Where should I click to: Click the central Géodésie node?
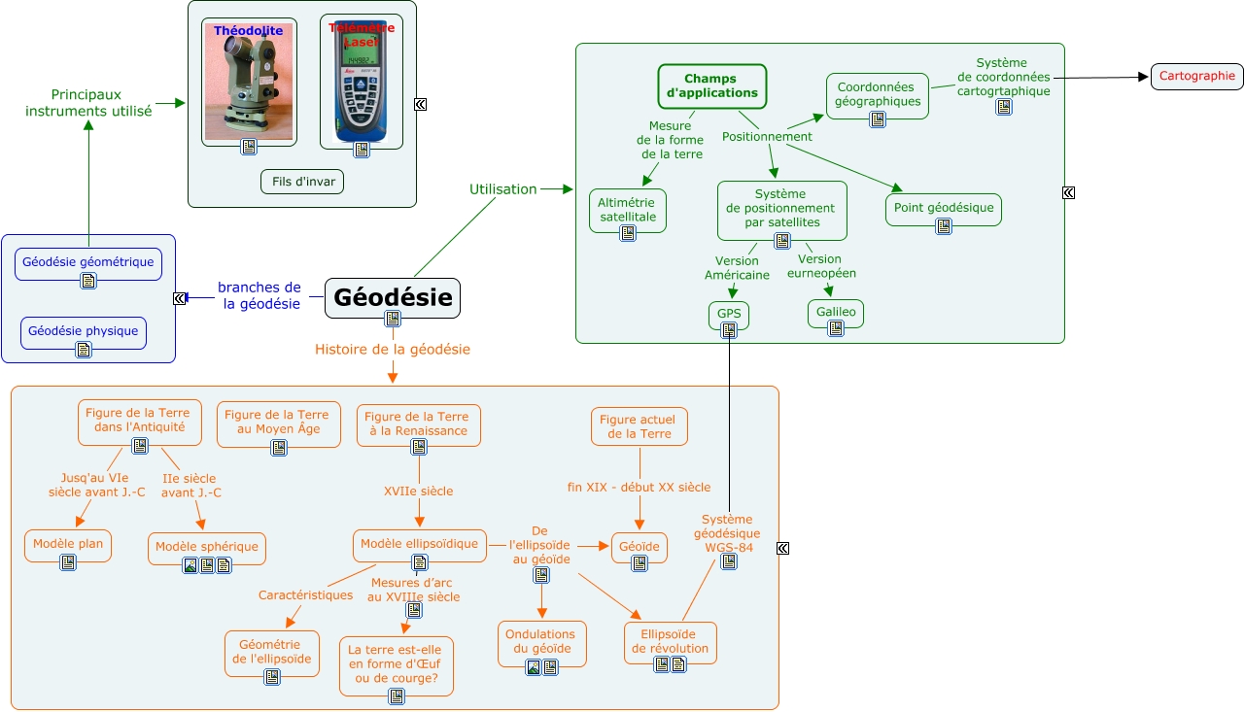392,296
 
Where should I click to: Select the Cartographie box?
1196,76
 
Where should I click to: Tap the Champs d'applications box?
711,85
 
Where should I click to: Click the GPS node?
729,314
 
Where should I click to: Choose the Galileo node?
835,312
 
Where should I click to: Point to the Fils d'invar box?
302,182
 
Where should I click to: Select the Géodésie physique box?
84,331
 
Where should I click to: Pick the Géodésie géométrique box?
87,262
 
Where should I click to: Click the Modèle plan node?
68,544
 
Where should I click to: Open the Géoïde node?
639,547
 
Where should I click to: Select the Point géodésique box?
943,208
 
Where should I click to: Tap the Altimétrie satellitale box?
627,210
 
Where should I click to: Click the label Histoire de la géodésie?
393,350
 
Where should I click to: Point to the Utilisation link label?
502,189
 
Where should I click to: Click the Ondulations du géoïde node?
541,642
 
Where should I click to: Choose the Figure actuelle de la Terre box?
639,426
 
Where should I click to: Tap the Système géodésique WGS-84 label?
727,533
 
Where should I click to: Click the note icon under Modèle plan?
68,562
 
